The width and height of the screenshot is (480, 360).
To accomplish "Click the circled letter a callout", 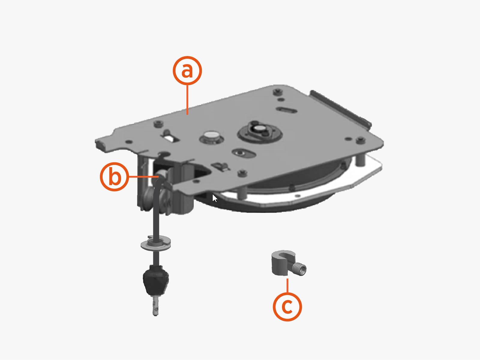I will (187, 71).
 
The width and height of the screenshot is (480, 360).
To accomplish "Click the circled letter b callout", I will (114, 177).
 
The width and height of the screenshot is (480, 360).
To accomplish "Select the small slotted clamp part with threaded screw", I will (283, 263).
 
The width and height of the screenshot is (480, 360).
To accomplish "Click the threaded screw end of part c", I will (301, 269).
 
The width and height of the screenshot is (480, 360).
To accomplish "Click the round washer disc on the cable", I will (156, 243).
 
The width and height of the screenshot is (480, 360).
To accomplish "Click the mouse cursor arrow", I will (214, 198).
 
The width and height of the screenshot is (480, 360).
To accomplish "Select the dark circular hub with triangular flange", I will (260, 132).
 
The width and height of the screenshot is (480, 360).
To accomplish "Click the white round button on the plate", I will (211, 135).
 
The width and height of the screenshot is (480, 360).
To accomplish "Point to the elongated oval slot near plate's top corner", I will (287, 110).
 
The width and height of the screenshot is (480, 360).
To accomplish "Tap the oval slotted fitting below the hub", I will (244, 153).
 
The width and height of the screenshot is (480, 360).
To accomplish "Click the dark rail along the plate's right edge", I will (340, 108).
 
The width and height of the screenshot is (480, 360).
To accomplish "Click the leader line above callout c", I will (287, 285).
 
